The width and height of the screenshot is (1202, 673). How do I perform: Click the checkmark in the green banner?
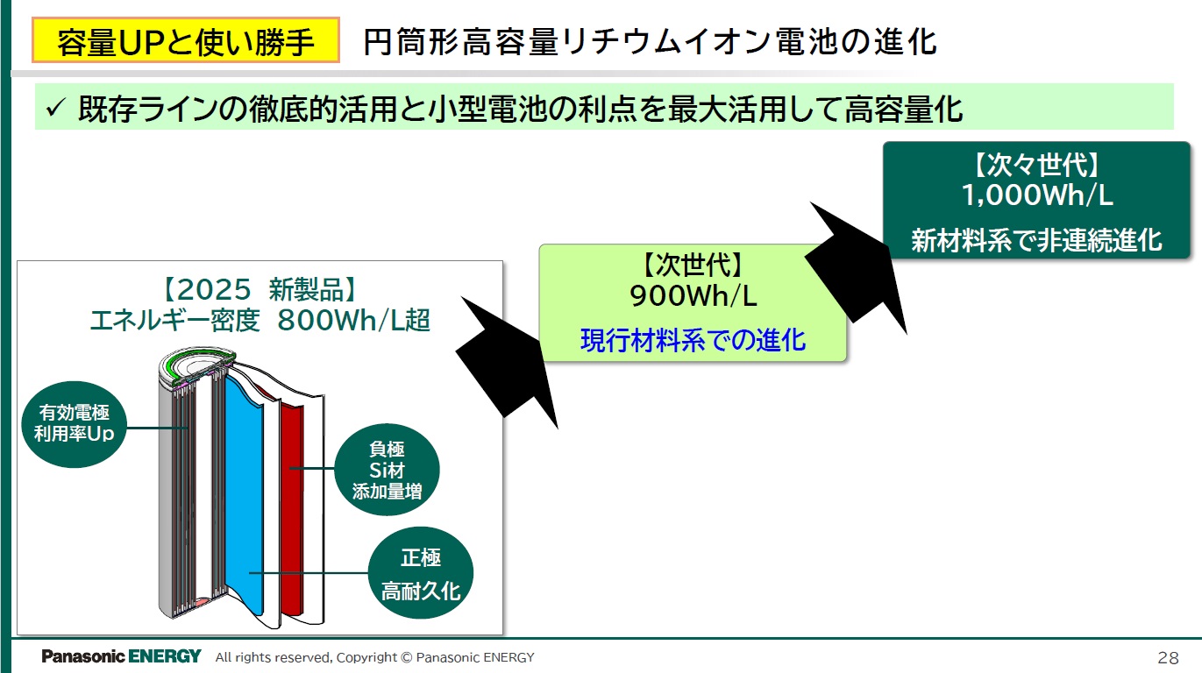[55, 109]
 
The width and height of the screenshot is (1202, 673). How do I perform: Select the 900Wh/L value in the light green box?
[693, 296]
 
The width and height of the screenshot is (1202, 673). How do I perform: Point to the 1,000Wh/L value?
[1037, 195]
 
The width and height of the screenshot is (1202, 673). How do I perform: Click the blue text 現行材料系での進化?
[693, 339]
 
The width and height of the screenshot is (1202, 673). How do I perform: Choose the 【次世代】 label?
[693, 265]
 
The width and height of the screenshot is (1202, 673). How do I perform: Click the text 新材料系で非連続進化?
[1037, 240]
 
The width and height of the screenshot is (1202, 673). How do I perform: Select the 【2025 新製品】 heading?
[260, 290]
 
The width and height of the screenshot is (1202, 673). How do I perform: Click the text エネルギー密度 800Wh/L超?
[260, 321]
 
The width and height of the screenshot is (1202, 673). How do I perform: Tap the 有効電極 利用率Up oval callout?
[74, 423]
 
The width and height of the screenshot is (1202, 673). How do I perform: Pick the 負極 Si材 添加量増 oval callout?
[387, 471]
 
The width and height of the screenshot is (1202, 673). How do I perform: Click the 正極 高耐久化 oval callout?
[421, 574]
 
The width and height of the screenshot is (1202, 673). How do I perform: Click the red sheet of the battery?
[292, 508]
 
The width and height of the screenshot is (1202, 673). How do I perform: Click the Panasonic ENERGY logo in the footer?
[121, 656]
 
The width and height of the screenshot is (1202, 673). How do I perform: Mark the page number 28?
[1168, 657]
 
